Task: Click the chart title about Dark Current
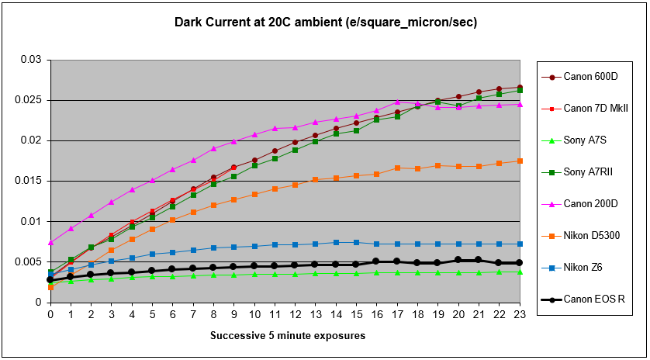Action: click(325, 22)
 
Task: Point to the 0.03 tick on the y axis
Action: click(30, 60)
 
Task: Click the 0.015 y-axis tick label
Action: click(28, 181)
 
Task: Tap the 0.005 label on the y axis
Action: click(28, 261)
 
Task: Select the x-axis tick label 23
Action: click(519, 314)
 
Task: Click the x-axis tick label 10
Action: click(254, 314)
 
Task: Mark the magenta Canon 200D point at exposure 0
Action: click(50, 242)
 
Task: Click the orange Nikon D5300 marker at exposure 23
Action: click(519, 161)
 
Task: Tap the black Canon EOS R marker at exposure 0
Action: click(50, 279)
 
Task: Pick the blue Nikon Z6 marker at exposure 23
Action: click(519, 244)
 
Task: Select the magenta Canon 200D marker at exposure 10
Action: click(254, 134)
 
